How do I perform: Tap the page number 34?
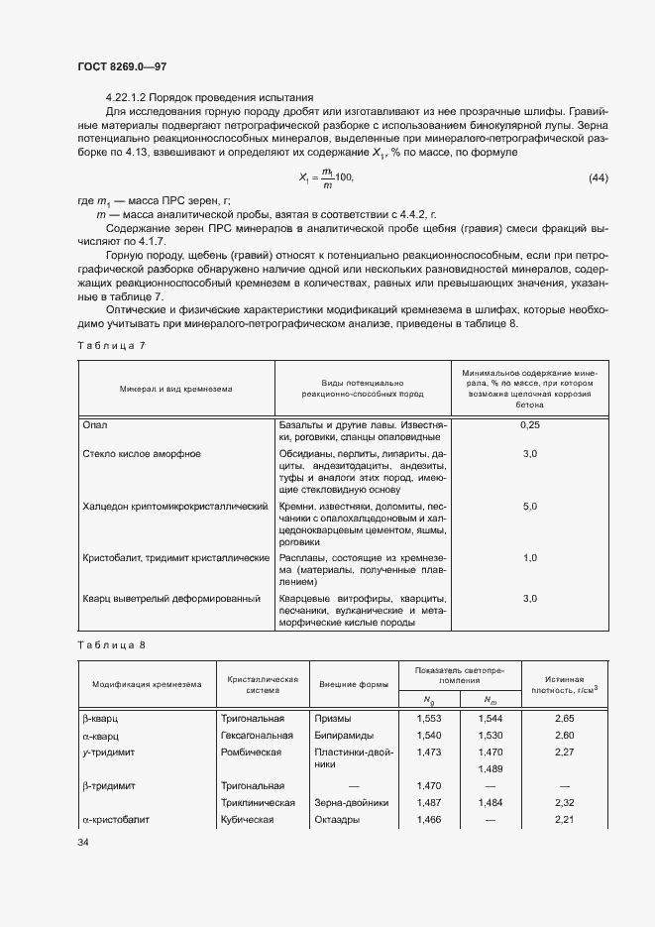[x=82, y=843]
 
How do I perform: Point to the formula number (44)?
[x=599, y=177]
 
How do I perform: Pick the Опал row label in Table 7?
[x=95, y=425]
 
